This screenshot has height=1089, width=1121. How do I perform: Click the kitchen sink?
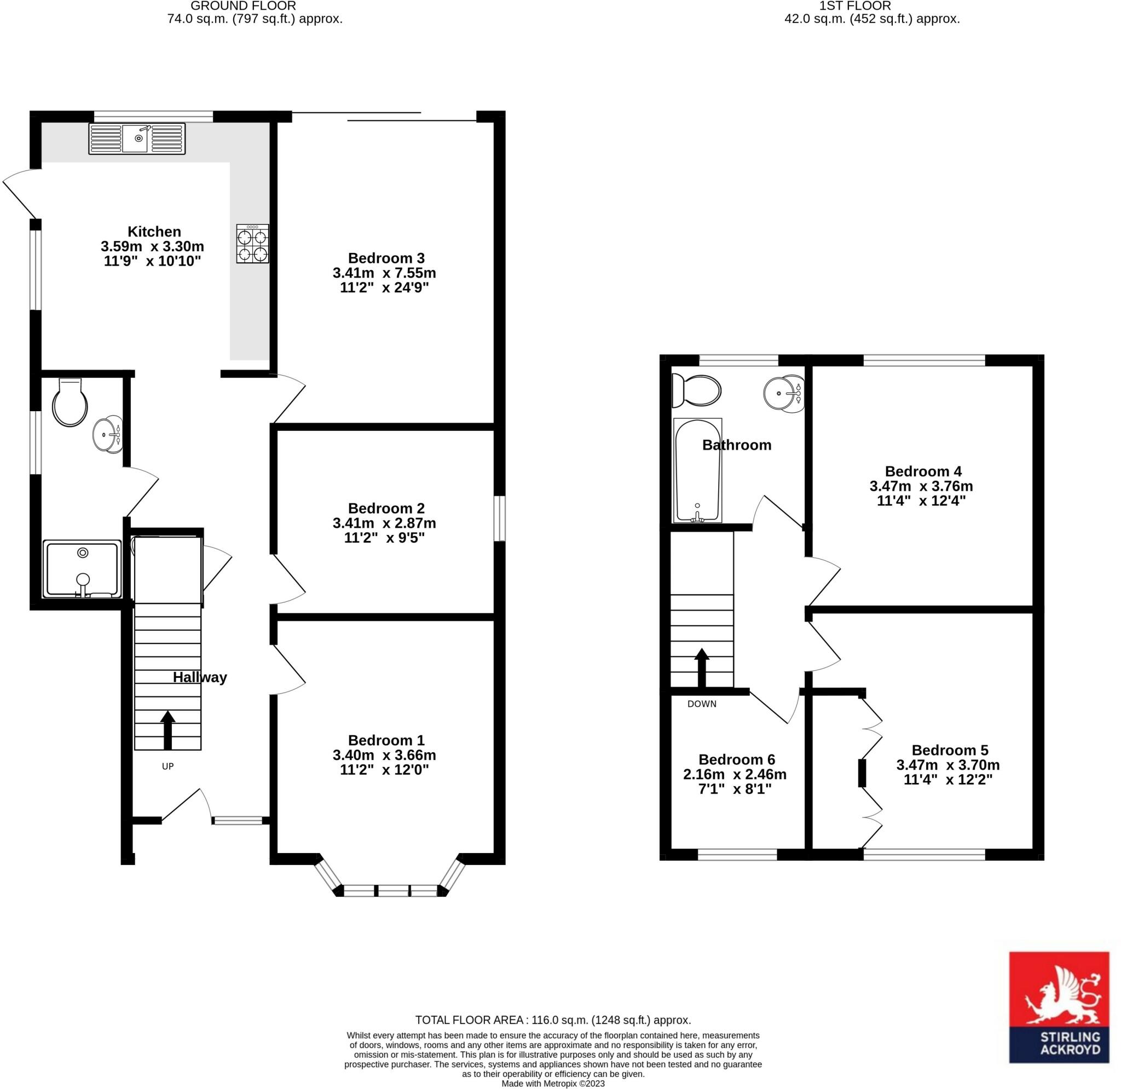pyautogui.click(x=137, y=139)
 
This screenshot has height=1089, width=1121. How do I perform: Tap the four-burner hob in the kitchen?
pyautogui.click(x=253, y=244)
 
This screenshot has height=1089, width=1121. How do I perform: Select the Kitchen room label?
pyautogui.click(x=154, y=232)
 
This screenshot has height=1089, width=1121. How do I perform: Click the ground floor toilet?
pyautogui.click(x=70, y=401)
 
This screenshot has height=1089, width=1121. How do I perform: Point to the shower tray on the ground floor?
pyautogui.click(x=82, y=569)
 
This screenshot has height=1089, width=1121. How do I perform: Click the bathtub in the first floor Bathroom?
pyautogui.click(x=698, y=470)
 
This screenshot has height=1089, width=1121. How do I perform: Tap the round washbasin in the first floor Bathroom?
pyautogui.click(x=784, y=393)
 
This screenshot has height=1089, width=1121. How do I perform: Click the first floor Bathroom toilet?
pyautogui.click(x=696, y=390)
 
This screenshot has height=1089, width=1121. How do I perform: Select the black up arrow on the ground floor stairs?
pyautogui.click(x=167, y=730)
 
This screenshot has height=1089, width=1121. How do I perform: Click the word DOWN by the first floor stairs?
pyautogui.click(x=702, y=704)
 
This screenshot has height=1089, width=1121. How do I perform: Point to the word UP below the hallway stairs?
pyautogui.click(x=167, y=767)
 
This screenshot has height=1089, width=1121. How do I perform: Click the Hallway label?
pyautogui.click(x=200, y=678)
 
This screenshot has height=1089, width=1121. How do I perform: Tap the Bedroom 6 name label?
pyautogui.click(x=737, y=759)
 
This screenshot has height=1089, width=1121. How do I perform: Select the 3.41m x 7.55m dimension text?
pyautogui.click(x=384, y=273)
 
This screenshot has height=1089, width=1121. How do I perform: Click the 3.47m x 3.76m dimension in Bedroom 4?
pyautogui.click(x=921, y=486)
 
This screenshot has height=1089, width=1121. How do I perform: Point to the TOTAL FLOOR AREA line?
pyautogui.click(x=553, y=1020)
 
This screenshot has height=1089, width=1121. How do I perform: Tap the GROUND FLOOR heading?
pyautogui.click(x=243, y=6)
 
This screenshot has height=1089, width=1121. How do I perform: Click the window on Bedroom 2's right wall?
pyautogui.click(x=499, y=518)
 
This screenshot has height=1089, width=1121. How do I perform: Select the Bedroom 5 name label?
pyautogui.click(x=950, y=751)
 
